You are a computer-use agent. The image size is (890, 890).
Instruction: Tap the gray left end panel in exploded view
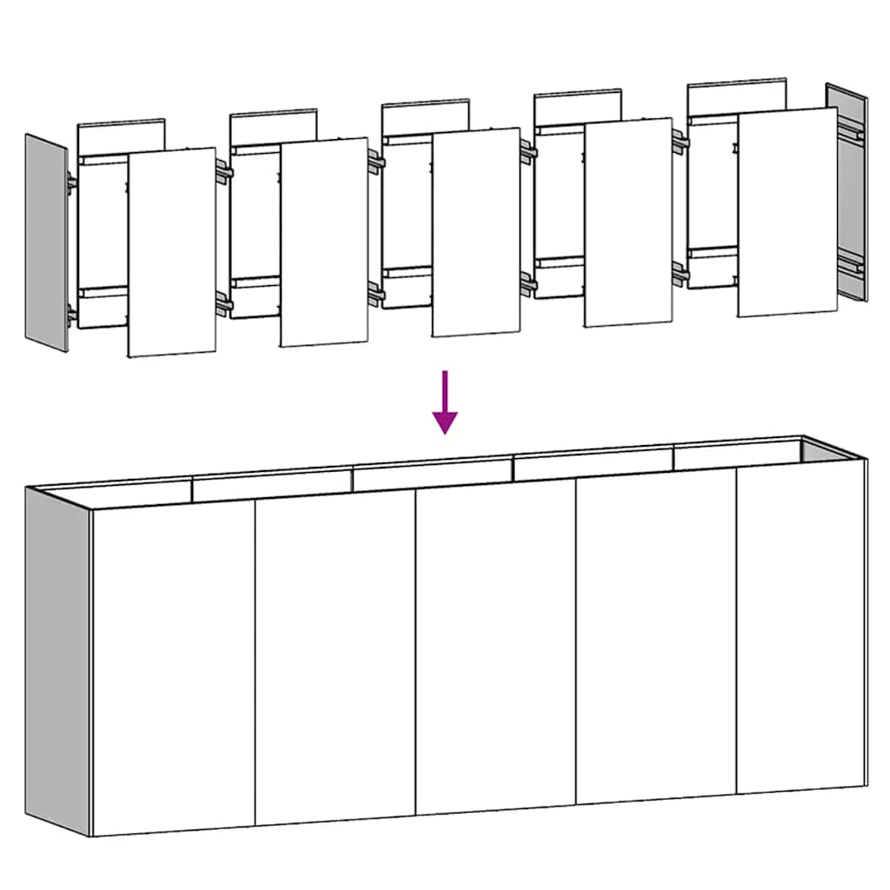(x=46, y=242)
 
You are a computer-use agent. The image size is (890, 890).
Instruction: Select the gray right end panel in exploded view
(x=847, y=192)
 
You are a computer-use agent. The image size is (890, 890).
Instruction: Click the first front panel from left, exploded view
(x=171, y=252)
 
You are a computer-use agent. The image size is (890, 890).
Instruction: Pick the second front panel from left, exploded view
(x=324, y=242)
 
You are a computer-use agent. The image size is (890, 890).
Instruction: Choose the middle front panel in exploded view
(x=476, y=232)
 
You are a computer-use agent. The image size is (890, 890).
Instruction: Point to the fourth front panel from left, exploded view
(x=628, y=222)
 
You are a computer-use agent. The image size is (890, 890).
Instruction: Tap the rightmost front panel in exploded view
(x=787, y=212)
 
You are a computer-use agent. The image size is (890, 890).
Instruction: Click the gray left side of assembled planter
(x=57, y=660)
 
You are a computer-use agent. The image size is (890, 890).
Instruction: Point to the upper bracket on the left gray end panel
(x=70, y=184)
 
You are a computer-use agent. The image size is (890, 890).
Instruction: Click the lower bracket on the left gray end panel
(x=70, y=314)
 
